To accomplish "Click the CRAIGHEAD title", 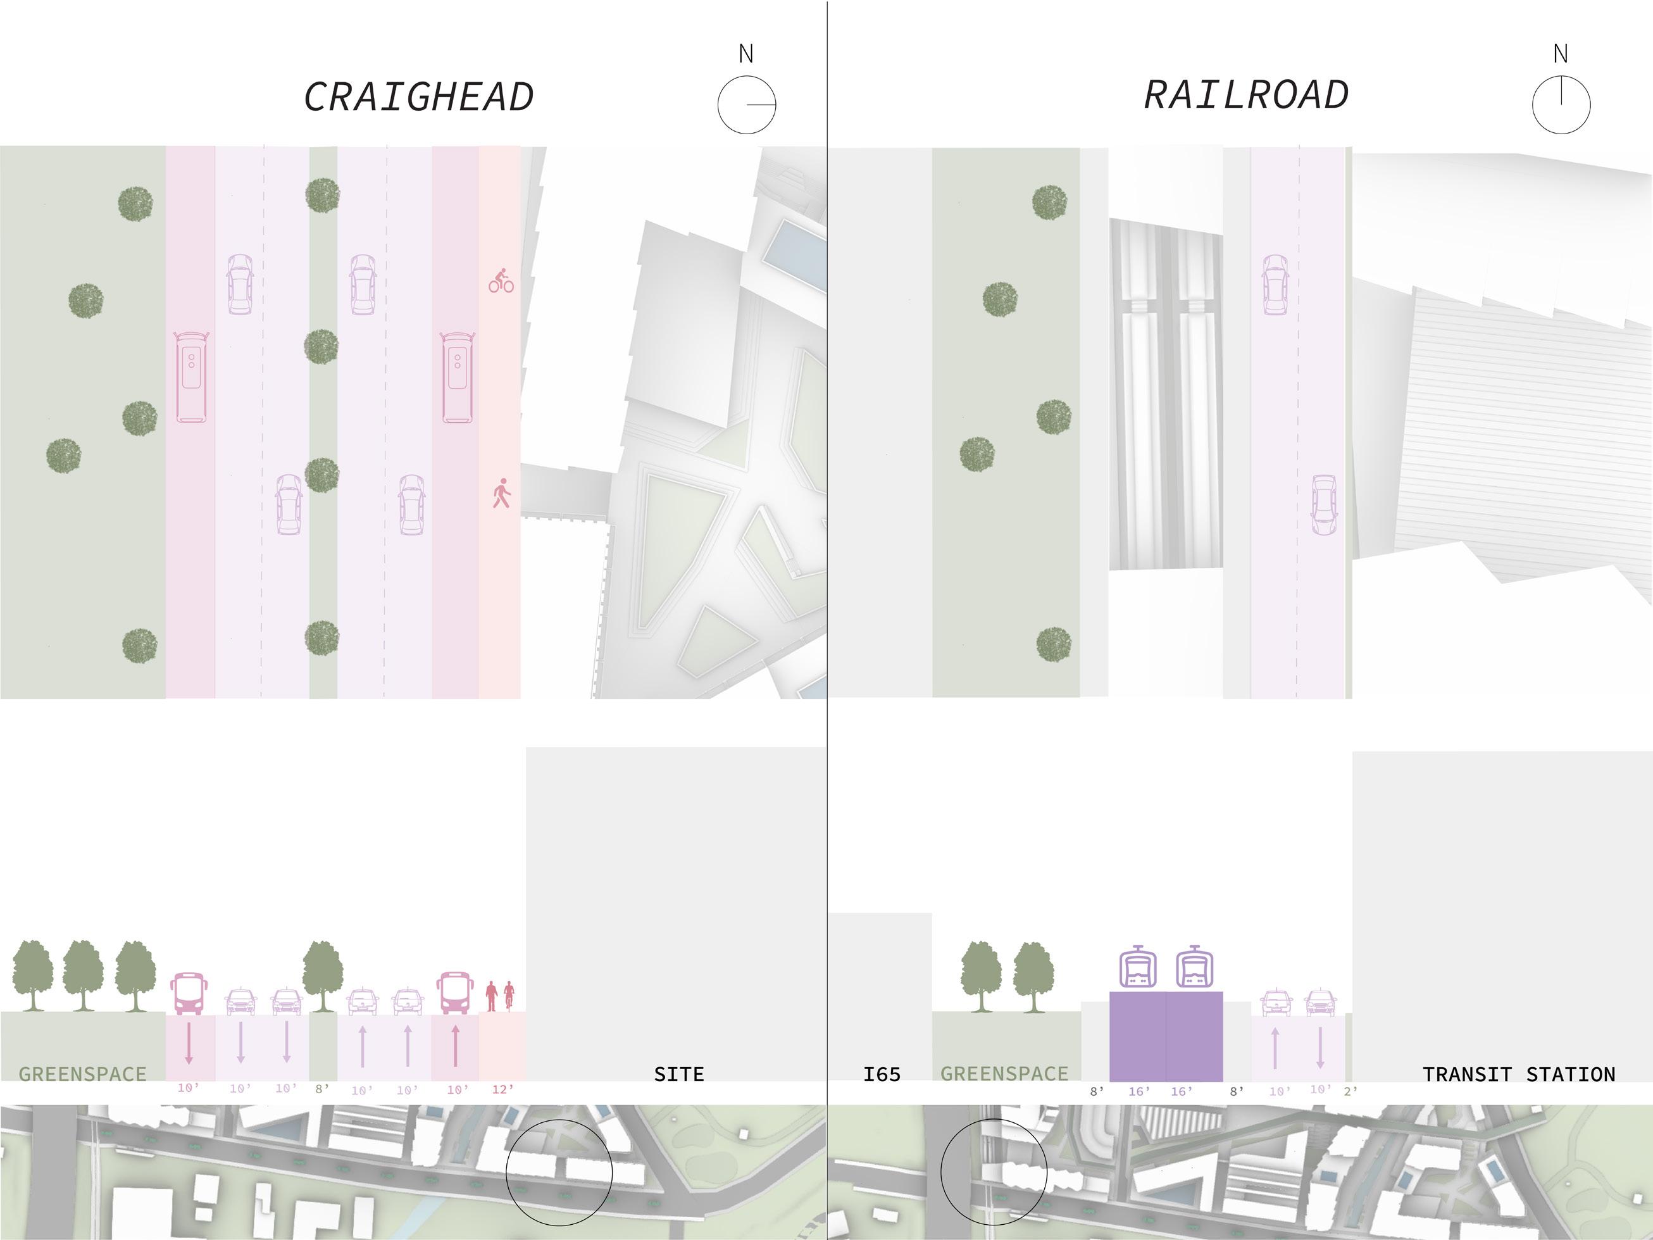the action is [x=418, y=97].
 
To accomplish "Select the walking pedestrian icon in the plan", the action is [x=501, y=493].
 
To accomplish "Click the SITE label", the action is [x=678, y=1075].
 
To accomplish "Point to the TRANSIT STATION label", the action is [x=1518, y=1075].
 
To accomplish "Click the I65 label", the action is [x=882, y=1075].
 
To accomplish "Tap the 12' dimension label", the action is [x=503, y=1089].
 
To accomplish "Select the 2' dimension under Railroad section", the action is [x=1350, y=1091].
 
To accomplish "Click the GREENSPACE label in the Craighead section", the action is [x=82, y=1075].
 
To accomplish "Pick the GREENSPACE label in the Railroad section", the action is [x=1004, y=1074].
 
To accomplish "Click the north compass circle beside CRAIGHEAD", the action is [x=747, y=104].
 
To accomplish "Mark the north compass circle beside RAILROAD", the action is [x=1561, y=104].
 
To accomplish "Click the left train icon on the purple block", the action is [x=1137, y=968].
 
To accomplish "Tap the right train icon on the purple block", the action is [x=1194, y=968].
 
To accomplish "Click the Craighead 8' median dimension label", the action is [x=322, y=1089].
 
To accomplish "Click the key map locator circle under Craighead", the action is [x=559, y=1172].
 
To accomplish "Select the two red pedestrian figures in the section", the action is [x=500, y=996].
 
